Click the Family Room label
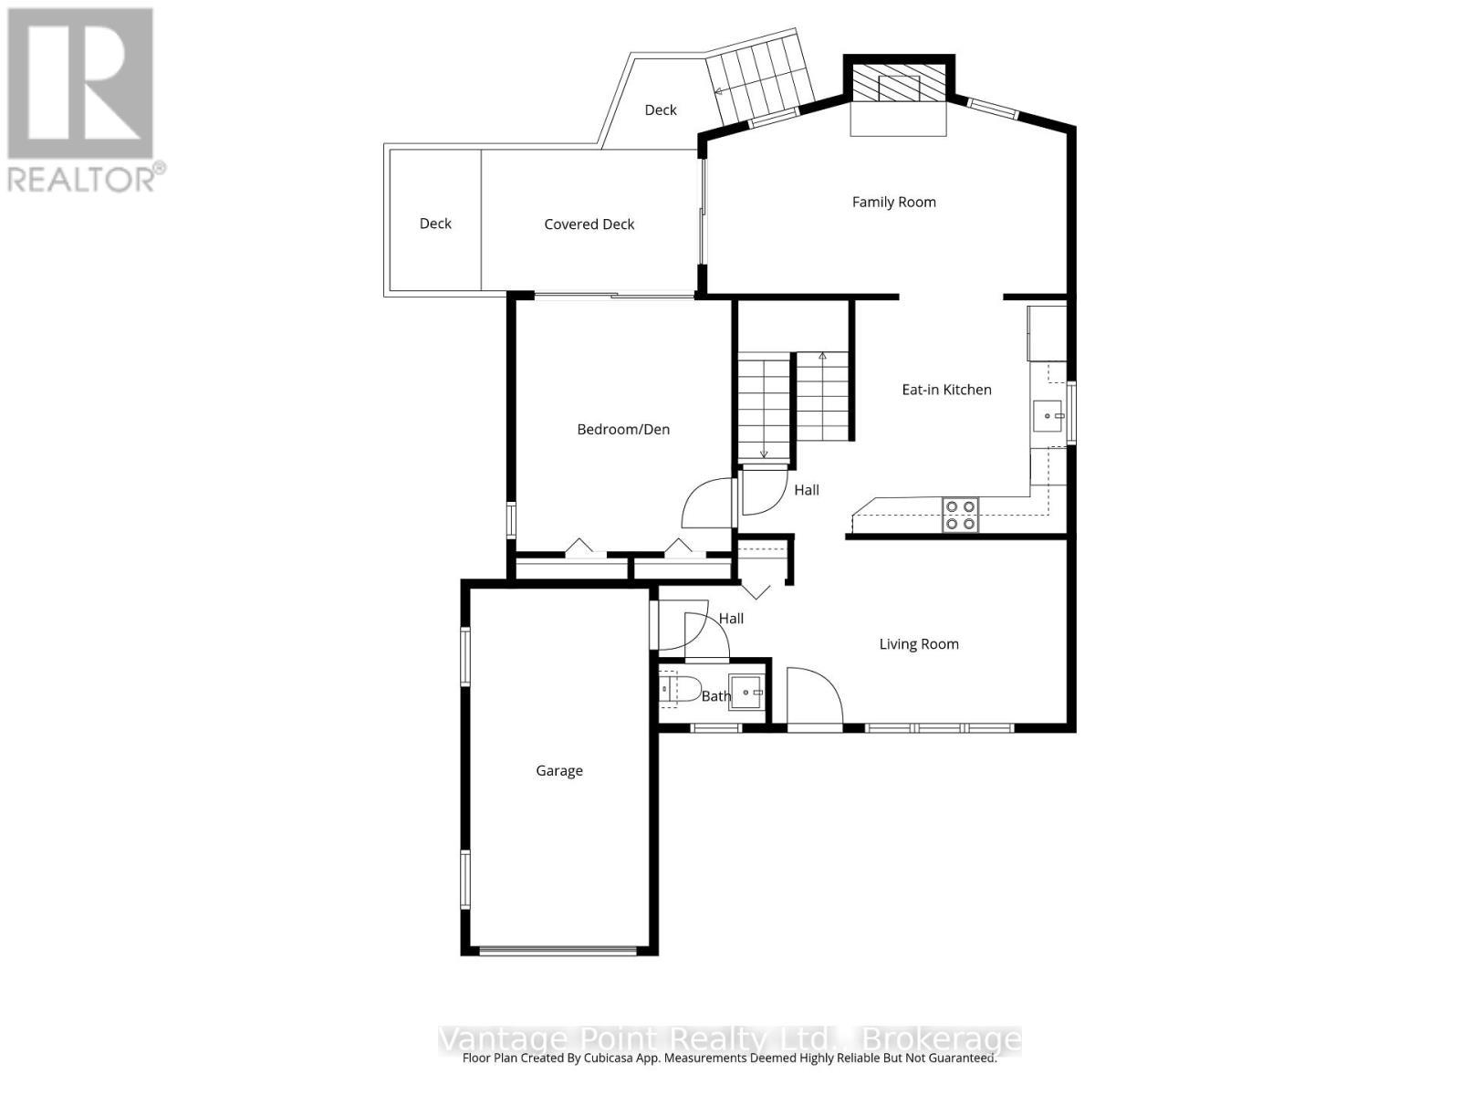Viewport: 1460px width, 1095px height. pos(893,202)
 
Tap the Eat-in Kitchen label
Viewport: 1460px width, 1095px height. pos(946,390)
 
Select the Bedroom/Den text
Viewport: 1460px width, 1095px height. pos(623,429)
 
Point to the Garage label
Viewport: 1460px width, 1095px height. pos(558,771)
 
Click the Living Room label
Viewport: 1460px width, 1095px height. pos(918,644)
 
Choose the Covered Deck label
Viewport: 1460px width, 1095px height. pos(589,224)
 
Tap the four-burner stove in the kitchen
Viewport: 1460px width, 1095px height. pos(960,515)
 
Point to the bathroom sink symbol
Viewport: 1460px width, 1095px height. pos(746,693)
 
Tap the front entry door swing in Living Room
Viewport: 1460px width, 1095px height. pos(815,695)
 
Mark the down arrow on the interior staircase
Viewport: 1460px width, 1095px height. pos(764,453)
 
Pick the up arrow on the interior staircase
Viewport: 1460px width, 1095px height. pos(822,356)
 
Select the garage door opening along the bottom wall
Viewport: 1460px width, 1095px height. pos(558,951)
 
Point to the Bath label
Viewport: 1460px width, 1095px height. pos(715,696)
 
